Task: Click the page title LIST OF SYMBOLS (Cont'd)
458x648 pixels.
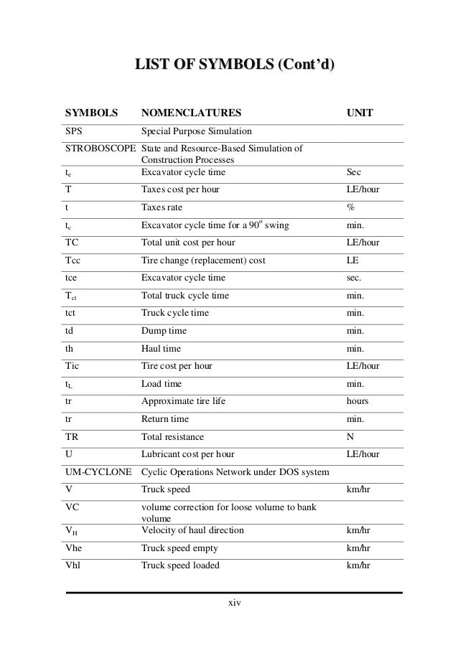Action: point(230,67)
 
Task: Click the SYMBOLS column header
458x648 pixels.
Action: point(91,113)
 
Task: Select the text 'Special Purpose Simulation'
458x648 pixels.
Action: point(197,132)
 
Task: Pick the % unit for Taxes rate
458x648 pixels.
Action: point(350,207)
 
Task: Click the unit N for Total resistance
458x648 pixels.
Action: point(350,436)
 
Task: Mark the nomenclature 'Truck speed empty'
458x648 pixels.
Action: point(180,548)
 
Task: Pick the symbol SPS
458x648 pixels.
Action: point(74,132)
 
